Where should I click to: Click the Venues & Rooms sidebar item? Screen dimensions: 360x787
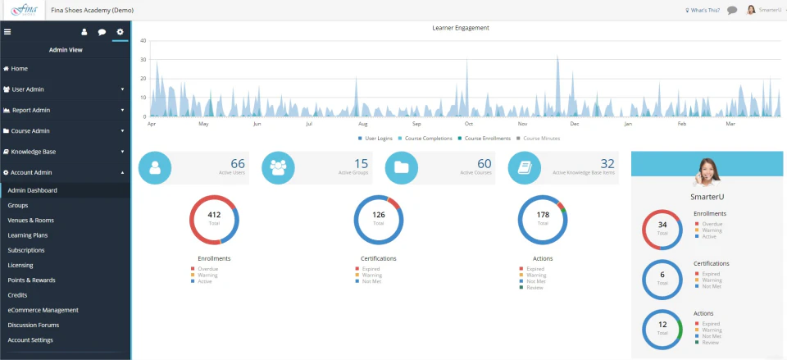[30, 221]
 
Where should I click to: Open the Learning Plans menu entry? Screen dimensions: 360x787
[27, 235]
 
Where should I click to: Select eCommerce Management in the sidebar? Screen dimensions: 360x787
[43, 310]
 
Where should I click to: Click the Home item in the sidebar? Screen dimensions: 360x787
[19, 68]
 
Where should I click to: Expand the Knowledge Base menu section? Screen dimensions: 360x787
[34, 152]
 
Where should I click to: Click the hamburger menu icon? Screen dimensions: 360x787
[7, 32]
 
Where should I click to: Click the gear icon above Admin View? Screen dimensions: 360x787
[120, 32]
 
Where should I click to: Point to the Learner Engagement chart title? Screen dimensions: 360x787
[460, 28]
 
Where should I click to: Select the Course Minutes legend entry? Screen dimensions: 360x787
[539, 139]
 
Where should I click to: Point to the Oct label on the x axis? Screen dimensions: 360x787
[469, 125]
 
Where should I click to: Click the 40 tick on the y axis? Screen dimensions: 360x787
[143, 40]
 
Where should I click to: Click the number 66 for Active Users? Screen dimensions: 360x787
[238, 163]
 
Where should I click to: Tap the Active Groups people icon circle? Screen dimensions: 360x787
[278, 167]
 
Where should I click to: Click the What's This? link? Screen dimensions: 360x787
[702, 10]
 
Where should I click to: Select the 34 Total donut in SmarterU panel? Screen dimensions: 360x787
[662, 229]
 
